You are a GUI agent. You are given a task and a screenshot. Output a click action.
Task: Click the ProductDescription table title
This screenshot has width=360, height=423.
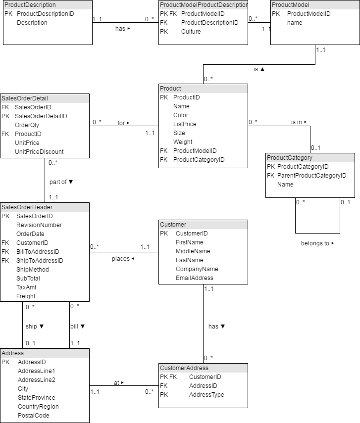30,5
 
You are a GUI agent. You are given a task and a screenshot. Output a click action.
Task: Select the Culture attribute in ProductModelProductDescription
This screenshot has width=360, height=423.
191,32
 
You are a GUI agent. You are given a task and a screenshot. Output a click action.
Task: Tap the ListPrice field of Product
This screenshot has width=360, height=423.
185,124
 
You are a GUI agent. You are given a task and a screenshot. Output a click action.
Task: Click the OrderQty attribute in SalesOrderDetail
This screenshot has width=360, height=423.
27,125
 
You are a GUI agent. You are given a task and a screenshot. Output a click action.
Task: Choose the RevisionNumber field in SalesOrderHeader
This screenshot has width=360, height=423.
39,225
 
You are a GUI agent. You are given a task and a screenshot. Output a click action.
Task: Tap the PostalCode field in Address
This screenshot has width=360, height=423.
33,416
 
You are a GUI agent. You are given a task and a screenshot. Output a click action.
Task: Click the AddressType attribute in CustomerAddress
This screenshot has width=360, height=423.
206,395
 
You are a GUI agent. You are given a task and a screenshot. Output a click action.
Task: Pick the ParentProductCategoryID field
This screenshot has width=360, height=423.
311,176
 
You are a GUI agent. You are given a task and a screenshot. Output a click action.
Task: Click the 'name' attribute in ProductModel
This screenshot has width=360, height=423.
295,23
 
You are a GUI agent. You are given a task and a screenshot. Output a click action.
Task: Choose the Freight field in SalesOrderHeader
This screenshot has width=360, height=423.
26,296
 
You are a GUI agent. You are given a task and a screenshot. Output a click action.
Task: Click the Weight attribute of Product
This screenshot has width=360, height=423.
183,142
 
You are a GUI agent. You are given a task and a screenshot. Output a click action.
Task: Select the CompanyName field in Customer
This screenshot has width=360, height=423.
197,269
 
